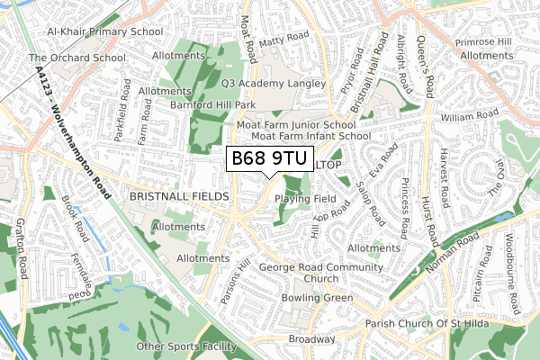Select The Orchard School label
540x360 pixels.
[76, 58]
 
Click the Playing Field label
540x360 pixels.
[306, 198]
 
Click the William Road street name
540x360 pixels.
[469, 116]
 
